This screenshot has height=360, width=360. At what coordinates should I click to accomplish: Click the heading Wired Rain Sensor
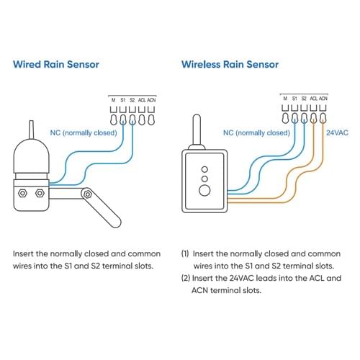pyautogui.click(x=56, y=64)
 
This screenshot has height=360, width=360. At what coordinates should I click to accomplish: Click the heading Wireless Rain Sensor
pyautogui.click(x=230, y=64)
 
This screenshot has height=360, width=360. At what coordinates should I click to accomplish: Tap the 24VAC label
pyautogui.click(x=337, y=132)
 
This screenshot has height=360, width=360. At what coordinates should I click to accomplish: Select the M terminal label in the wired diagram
pyautogui.click(x=113, y=100)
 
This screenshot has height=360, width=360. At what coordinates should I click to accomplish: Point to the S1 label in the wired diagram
pyautogui.click(x=122, y=100)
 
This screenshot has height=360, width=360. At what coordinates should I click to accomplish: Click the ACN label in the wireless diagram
pyautogui.click(x=323, y=99)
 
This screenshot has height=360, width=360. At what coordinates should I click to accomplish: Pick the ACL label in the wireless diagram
pyautogui.click(x=313, y=99)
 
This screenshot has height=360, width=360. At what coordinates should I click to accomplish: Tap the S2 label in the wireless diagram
pyautogui.click(x=304, y=99)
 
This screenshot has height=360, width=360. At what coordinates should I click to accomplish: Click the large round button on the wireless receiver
pyautogui.click(x=204, y=191)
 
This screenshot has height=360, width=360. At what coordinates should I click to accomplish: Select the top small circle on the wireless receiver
pyautogui.click(x=204, y=169)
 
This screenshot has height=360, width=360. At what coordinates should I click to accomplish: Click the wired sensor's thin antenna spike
pyautogui.click(x=31, y=130)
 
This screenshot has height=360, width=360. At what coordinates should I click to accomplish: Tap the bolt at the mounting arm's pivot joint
pyautogui.click(x=88, y=194)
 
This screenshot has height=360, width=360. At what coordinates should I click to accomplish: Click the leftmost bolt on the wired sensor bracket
pyautogui.click(x=22, y=193)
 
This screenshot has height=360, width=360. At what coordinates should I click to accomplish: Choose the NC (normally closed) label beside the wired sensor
pyautogui.click(x=84, y=132)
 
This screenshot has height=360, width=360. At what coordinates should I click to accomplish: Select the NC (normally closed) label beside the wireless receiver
pyautogui.click(x=256, y=132)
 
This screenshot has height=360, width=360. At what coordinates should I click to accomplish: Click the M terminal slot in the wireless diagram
pyautogui.click(x=285, y=118)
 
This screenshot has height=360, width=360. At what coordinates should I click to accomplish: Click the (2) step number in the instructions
pyautogui.click(x=186, y=278)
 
